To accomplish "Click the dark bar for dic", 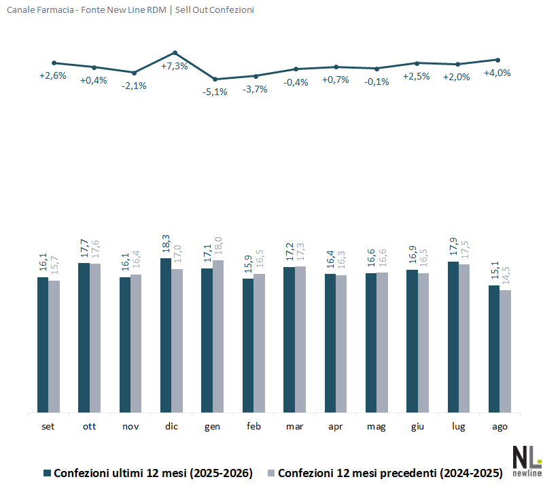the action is pos(166,335).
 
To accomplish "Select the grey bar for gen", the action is pos(218,336).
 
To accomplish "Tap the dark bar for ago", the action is pos(494,349).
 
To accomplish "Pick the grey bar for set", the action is pos(54,347).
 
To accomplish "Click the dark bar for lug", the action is pos(453,337).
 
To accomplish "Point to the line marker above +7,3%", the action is pos(175,53).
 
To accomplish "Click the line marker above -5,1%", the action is pos(215,80).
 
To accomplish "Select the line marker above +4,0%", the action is pos(498,60).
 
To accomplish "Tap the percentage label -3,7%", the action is pos(255,89).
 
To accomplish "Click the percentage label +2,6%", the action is pos(52,75).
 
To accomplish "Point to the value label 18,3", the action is pos(166,244).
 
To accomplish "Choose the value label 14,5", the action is pos(506,275).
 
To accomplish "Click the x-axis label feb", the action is pos(253,426).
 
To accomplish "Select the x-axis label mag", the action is pos(376,427).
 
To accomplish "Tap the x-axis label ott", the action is pos(89,426).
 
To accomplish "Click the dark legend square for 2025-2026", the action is pos(47,473).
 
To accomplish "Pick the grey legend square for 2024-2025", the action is pos(271,473).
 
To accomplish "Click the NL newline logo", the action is pos(527,461).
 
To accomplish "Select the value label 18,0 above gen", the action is pos(218,246).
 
